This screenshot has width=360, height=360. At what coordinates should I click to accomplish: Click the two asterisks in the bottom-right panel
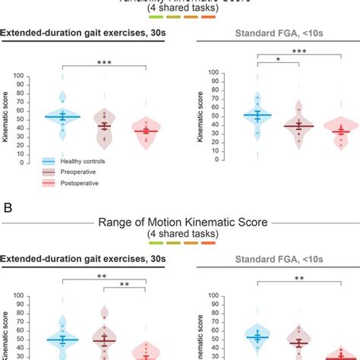click(300, 279)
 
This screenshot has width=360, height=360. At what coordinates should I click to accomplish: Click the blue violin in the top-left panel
click(62, 116)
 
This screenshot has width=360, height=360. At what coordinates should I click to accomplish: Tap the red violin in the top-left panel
click(144, 131)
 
